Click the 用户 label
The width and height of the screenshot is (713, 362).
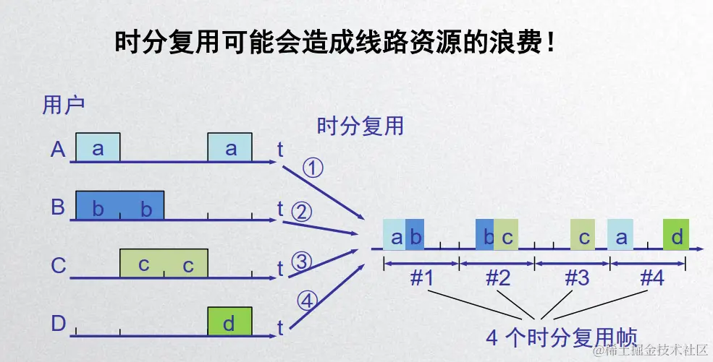pos(64,105)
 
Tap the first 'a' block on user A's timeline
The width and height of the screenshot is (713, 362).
pos(98,147)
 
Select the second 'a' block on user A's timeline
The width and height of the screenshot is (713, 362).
pos(230,147)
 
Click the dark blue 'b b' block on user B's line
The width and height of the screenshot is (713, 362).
pos(120,205)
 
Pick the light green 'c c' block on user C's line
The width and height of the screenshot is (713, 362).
pos(164,263)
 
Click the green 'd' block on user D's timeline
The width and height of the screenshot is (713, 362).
pos(229,322)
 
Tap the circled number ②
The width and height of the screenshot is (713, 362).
pos(301,212)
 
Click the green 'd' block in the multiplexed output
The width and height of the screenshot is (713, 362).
pos(675,236)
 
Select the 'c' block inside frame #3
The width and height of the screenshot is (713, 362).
pos(583,236)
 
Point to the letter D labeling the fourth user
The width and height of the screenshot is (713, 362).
pos(59,323)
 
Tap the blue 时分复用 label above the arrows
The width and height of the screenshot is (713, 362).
pos(360,126)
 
